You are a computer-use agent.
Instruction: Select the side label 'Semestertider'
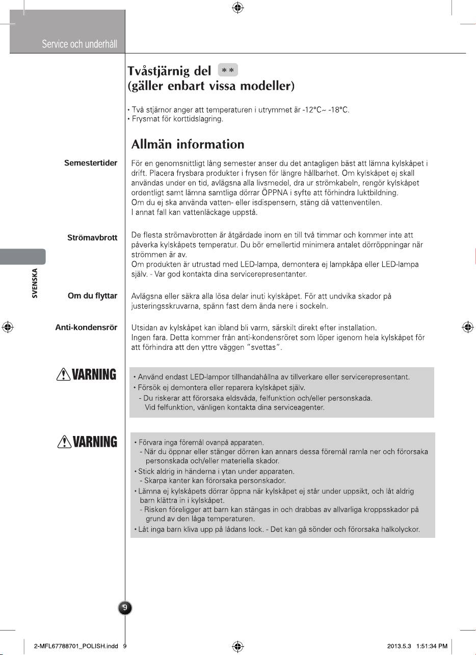[91, 163]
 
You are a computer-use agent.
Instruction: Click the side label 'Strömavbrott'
[92, 238]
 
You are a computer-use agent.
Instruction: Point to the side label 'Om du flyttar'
[92, 296]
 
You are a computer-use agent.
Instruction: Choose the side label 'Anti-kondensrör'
[86, 327]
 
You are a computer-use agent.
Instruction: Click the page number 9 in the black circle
[125, 607]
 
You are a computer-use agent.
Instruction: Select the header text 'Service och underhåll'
[80, 44]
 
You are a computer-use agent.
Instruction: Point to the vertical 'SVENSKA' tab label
[35, 283]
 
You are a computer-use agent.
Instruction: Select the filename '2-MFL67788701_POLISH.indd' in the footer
[76, 646]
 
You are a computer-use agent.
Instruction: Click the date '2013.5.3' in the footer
[400, 646]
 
